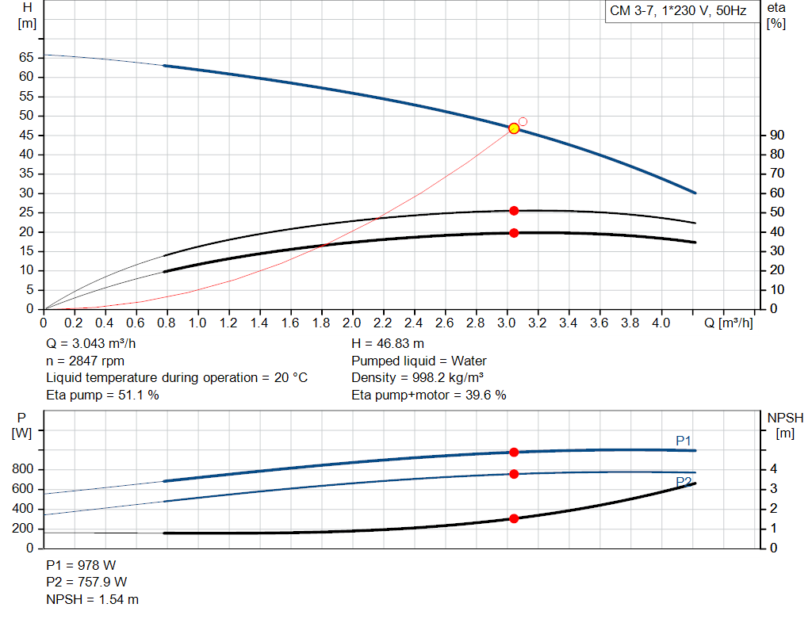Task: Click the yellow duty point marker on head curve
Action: (x=514, y=128)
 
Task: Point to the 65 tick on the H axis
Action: (x=26, y=58)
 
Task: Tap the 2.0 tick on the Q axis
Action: (x=351, y=323)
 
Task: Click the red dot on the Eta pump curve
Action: (x=514, y=211)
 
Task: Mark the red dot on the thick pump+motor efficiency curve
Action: (x=514, y=233)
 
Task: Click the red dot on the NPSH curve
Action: (x=514, y=518)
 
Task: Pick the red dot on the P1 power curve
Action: (x=514, y=452)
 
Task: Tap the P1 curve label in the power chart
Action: (x=683, y=441)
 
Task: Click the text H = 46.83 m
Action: (x=389, y=344)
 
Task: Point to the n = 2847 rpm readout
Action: (x=85, y=361)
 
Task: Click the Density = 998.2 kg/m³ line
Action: (x=418, y=378)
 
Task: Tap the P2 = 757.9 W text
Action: (x=86, y=583)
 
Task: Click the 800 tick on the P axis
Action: (x=24, y=470)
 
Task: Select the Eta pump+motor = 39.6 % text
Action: (x=428, y=395)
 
